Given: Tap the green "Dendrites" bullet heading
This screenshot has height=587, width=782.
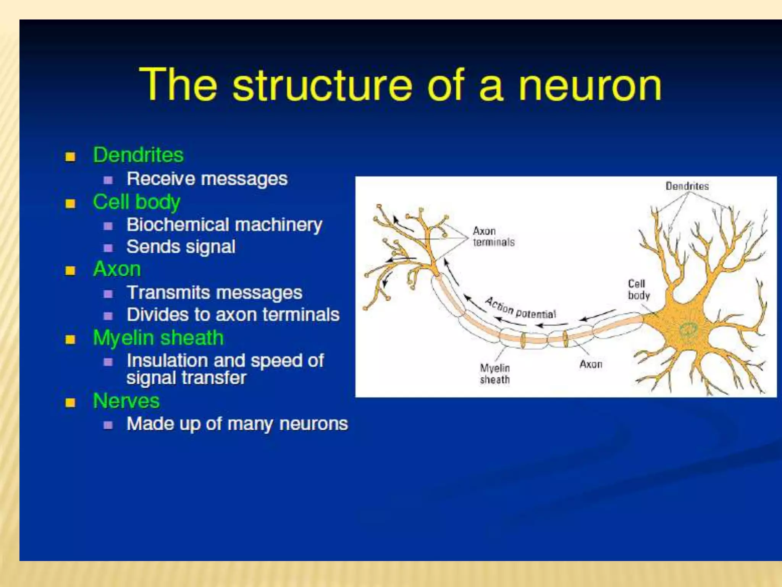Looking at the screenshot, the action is click(x=138, y=155).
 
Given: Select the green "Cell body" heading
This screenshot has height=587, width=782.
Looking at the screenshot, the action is click(x=136, y=202).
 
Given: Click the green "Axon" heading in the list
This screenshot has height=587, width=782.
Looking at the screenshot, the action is click(x=117, y=269).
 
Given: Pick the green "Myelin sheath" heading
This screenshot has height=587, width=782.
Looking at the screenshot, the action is click(x=158, y=338).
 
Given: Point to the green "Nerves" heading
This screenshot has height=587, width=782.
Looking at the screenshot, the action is click(x=126, y=401).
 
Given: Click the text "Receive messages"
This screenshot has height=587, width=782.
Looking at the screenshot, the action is click(x=207, y=179).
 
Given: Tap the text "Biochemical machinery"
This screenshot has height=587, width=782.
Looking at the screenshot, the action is click(x=225, y=225).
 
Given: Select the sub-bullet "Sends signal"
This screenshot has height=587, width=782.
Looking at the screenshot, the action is click(x=181, y=247).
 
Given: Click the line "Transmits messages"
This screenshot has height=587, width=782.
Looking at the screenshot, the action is click(x=215, y=293).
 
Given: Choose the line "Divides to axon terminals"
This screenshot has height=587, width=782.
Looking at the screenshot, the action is click(x=233, y=315).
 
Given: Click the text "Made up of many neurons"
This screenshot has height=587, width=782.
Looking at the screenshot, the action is click(x=237, y=424).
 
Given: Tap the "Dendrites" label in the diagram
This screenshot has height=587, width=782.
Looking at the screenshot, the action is click(x=687, y=186).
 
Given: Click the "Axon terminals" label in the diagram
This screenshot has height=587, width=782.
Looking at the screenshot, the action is click(x=493, y=237).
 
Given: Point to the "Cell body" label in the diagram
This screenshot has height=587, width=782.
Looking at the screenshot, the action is click(x=638, y=289).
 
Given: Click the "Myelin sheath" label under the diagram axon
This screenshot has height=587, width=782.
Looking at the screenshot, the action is click(x=495, y=374).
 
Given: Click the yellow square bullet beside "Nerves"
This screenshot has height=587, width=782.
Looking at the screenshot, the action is click(x=70, y=402).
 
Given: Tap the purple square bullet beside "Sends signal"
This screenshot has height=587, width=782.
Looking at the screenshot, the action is click(x=108, y=248).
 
